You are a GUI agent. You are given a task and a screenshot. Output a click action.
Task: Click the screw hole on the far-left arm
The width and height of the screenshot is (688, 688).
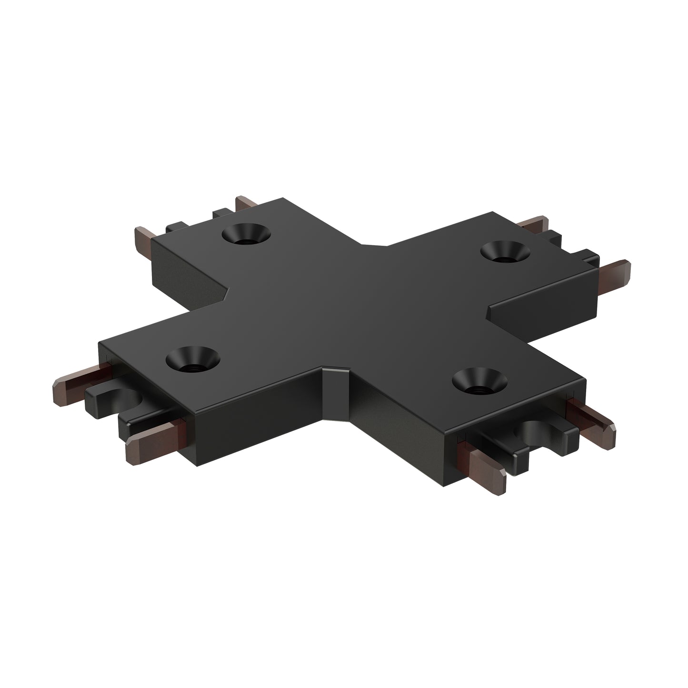click(246, 234)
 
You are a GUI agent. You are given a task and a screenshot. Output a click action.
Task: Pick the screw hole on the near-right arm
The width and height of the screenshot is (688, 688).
click(477, 381)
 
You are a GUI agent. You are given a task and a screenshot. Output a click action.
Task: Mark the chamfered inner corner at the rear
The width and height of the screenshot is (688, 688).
click(374, 245)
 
